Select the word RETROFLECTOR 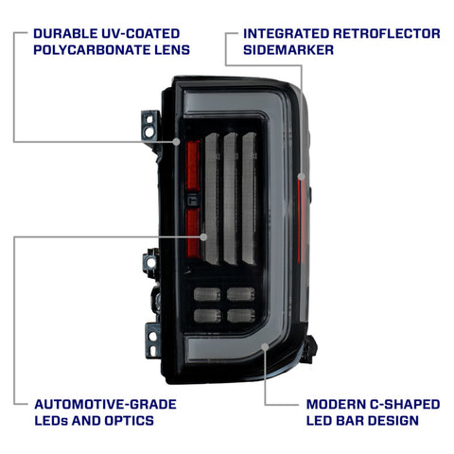(x=386, y=33)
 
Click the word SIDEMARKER (x=288, y=50)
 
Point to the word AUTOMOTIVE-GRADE (x=105, y=404)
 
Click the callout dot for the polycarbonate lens (x=177, y=142)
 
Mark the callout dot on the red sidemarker (x=302, y=177)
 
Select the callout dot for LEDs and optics (x=203, y=236)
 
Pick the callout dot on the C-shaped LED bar (x=265, y=347)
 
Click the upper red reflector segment (x=193, y=166)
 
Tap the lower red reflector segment (x=193, y=234)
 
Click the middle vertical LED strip (x=231, y=199)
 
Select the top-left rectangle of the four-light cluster (x=207, y=294)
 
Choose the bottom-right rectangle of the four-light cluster (x=241, y=316)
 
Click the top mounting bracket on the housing (x=150, y=125)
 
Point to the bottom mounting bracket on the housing (x=153, y=340)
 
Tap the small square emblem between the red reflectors (x=192, y=201)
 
